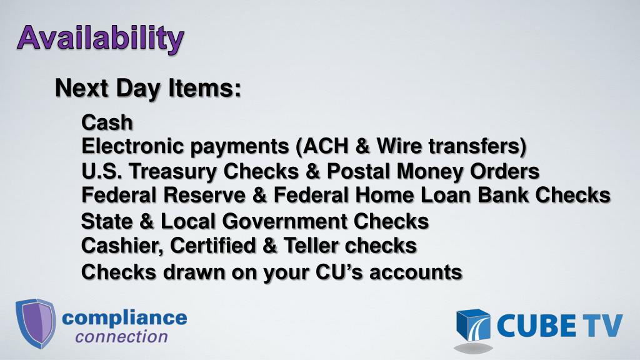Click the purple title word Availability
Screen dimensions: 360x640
point(100,39)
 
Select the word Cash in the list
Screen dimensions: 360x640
point(107,122)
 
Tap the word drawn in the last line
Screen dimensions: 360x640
point(193,272)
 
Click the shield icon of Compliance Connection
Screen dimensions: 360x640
point(35,322)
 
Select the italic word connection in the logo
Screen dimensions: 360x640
point(121,337)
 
